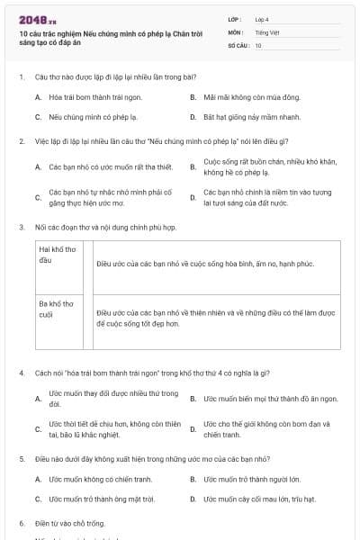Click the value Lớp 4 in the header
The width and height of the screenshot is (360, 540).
tap(262, 19)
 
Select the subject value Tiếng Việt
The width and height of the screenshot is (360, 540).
tap(265, 31)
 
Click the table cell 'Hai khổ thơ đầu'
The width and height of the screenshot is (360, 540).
tap(62, 254)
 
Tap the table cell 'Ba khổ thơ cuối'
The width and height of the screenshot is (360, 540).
tap(62, 310)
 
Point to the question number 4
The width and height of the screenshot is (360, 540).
tap(21, 373)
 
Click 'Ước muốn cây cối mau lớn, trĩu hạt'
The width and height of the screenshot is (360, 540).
tap(259, 498)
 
